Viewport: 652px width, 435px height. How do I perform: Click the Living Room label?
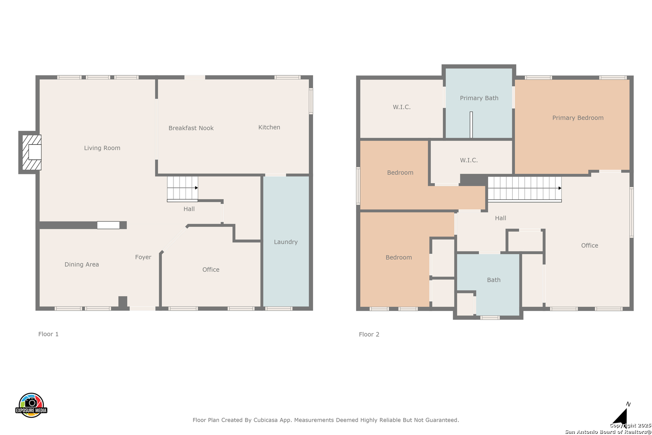tap(102, 148)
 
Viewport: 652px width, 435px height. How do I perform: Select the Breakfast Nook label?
tap(191, 128)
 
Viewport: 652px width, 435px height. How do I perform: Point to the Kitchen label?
tap(269, 127)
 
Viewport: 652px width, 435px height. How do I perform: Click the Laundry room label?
tap(286, 242)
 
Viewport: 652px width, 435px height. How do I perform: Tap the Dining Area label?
tap(82, 265)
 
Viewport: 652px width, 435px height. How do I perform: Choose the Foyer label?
tap(143, 257)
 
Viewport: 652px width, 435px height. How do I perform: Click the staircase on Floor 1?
tap(182, 189)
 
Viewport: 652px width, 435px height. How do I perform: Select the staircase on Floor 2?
tap(525, 189)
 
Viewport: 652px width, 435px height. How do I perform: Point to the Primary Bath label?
tap(479, 98)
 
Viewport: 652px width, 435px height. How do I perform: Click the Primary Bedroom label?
tap(578, 118)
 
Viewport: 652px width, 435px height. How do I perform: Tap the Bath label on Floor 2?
tap(494, 280)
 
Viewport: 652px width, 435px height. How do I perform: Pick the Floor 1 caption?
tap(48, 334)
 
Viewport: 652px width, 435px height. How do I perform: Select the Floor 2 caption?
tap(369, 334)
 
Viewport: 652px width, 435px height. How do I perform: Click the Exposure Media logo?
tap(31, 405)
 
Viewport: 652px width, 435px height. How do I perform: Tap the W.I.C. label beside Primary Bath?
tap(402, 107)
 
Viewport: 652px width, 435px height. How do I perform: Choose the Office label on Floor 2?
tap(590, 246)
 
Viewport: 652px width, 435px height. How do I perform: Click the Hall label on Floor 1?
tap(189, 209)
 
